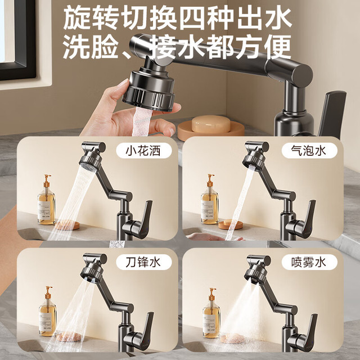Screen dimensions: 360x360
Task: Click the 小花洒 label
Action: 144,151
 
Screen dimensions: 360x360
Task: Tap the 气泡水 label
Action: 309,151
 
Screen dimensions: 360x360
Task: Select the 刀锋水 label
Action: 144,262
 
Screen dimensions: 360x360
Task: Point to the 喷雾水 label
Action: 309,262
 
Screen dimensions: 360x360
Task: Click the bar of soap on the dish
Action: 211,124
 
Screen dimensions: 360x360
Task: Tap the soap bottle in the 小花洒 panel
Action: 47,200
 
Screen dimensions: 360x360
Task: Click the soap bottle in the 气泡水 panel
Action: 210,199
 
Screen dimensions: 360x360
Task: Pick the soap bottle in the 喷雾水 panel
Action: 211,313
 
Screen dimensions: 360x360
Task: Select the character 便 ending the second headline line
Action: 278,47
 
